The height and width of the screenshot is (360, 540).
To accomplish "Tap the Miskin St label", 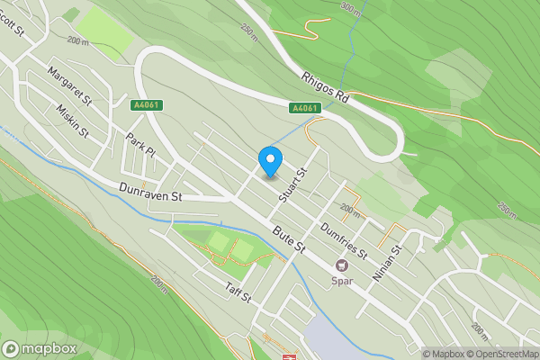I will (71, 120).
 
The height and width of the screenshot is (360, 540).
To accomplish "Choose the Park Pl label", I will (140, 147).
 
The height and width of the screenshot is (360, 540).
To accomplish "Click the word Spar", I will (342, 280).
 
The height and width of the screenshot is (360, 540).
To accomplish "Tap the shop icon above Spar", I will (342, 265).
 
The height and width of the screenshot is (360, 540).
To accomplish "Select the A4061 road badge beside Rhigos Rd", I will (305, 108).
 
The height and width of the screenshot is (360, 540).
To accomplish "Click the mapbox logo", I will (40, 349).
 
